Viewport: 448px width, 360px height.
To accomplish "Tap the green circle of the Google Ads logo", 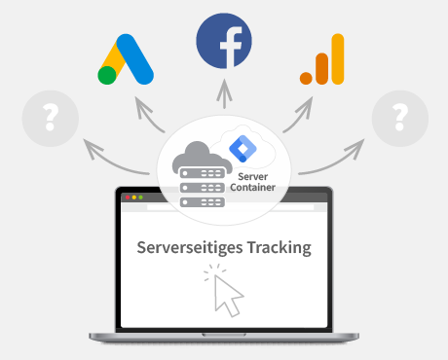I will (x=107, y=76).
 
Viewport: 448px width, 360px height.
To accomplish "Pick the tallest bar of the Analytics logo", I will (x=337, y=60).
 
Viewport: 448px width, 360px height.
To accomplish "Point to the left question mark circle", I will (x=49, y=121).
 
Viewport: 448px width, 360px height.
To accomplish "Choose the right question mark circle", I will (x=399, y=121).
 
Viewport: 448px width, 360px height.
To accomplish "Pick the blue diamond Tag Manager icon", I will (x=240, y=148).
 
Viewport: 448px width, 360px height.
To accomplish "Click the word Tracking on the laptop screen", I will (x=277, y=247).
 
